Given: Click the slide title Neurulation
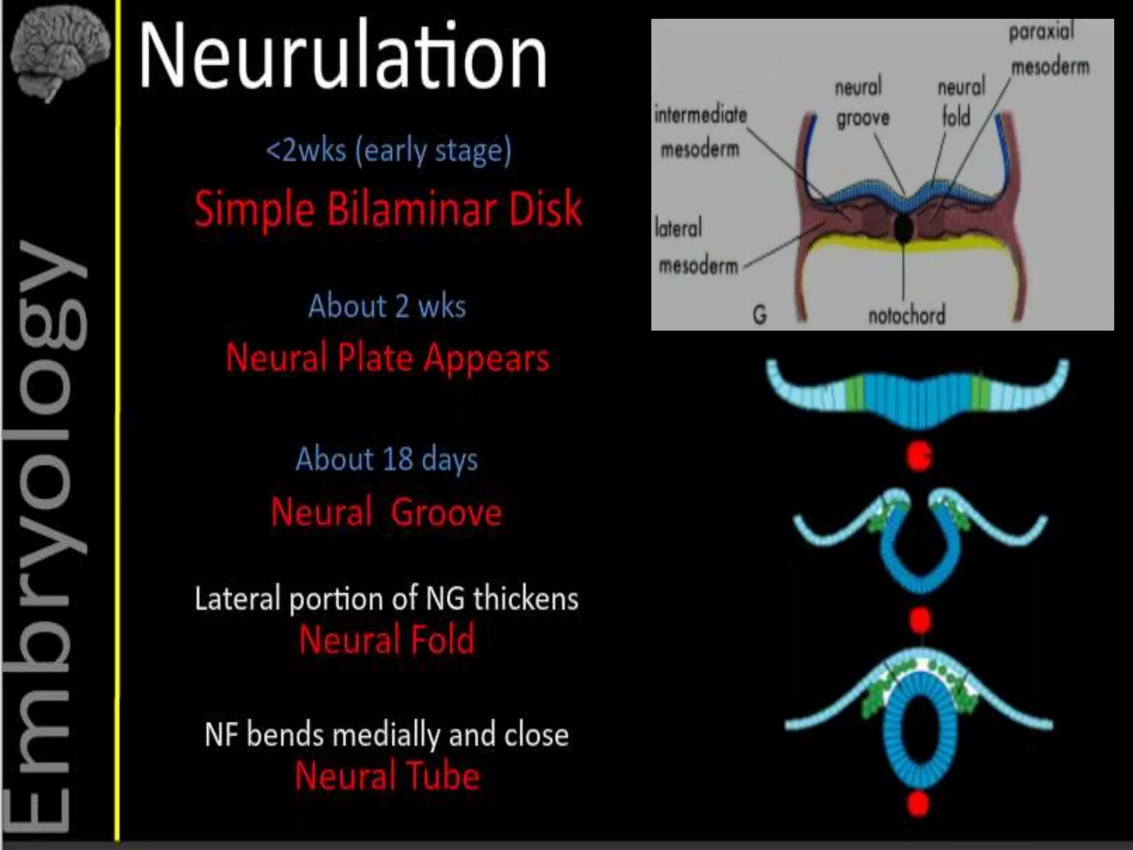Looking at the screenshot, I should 342,55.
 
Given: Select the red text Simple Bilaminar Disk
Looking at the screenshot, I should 388,209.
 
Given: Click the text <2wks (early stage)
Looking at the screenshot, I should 388,151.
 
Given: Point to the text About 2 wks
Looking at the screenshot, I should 387,306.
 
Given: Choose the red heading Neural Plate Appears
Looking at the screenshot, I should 387,357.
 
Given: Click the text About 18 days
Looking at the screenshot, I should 387,459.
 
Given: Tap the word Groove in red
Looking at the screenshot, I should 446,512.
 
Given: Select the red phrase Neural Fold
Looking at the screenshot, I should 387,639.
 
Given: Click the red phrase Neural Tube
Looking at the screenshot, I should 387,775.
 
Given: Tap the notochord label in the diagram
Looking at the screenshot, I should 906,315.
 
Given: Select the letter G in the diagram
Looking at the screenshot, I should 760,315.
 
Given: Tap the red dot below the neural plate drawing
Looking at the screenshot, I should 919,457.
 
